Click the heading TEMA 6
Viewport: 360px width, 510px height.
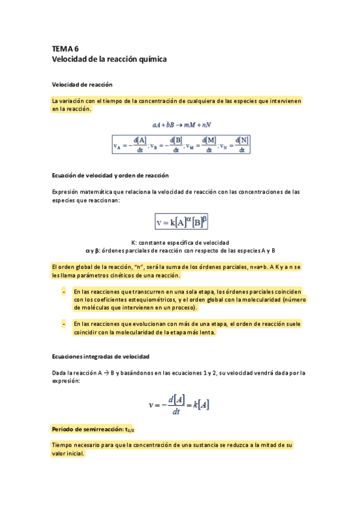click(x=65, y=49)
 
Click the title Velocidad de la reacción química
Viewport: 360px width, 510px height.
click(x=109, y=60)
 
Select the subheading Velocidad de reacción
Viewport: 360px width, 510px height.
click(x=82, y=84)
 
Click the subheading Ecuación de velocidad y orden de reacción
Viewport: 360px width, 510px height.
click(x=110, y=175)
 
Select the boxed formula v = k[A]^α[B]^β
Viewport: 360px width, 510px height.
click(x=182, y=222)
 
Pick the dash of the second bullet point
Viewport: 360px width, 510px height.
click(x=64, y=324)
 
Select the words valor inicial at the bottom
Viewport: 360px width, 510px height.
click(x=68, y=454)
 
